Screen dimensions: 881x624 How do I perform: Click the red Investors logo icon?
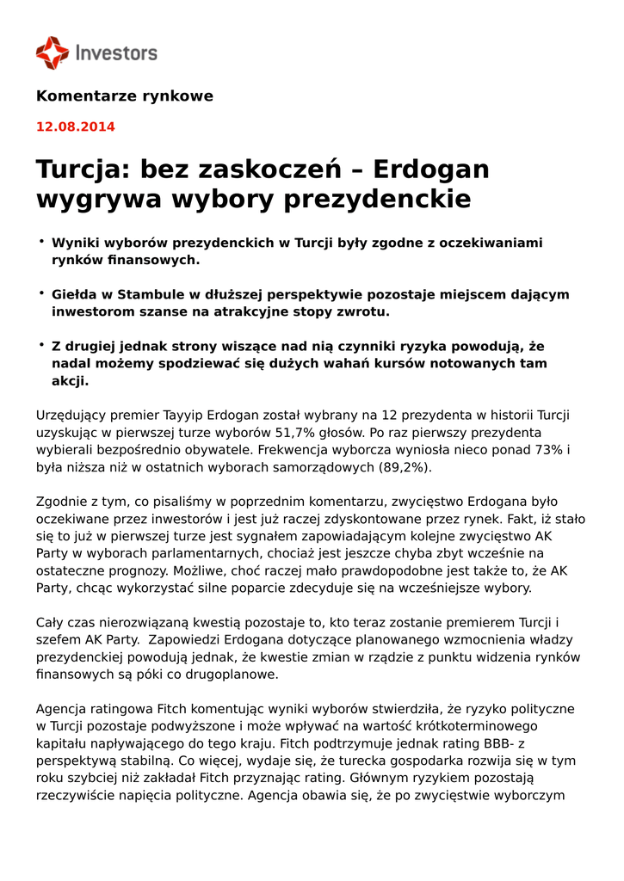[x=52, y=52]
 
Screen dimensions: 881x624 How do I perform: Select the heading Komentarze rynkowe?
[x=124, y=96]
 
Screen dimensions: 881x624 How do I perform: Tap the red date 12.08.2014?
[x=75, y=127]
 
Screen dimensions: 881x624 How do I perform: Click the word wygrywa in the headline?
[x=97, y=200]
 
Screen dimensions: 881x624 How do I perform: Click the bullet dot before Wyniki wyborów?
[x=40, y=242]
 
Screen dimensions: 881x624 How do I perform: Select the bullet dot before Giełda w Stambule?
[x=40, y=293]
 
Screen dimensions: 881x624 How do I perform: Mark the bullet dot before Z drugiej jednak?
[x=40, y=344]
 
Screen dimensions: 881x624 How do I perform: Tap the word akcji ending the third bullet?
[x=69, y=380]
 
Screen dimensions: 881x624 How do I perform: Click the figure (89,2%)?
[x=405, y=467]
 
